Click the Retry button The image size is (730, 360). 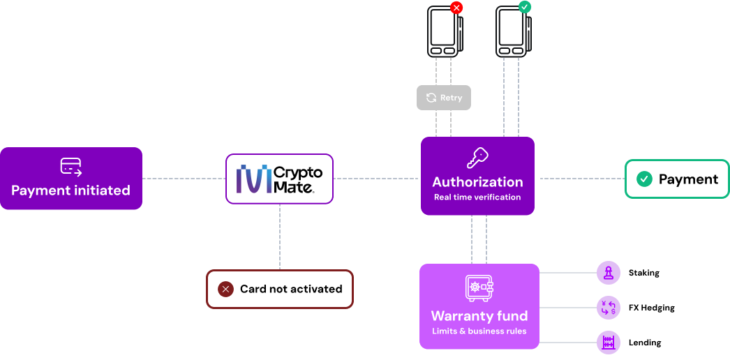click(x=444, y=98)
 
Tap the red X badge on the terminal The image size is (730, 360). click(x=456, y=8)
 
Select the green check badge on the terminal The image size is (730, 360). click(x=525, y=7)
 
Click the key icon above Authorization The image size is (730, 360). click(x=477, y=158)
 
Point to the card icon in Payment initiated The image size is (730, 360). click(x=70, y=166)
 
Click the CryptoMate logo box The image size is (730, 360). click(x=279, y=179)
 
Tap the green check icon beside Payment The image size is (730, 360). click(x=644, y=179)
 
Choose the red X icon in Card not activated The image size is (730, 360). click(x=225, y=289)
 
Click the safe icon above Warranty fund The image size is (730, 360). click(x=479, y=288)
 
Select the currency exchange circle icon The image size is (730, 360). click(x=608, y=308)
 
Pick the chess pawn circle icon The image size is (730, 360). click(x=608, y=273)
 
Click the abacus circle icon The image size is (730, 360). click(x=608, y=343)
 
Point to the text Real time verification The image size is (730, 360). click(x=477, y=197)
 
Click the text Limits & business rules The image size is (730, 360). click(x=479, y=331)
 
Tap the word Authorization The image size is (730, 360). click(x=477, y=182)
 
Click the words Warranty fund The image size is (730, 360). click(x=479, y=316)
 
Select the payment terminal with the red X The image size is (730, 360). click(x=444, y=31)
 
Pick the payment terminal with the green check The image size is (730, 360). click(x=512, y=31)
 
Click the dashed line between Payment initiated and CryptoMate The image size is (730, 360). click(x=184, y=179)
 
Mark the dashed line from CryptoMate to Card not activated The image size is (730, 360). click(x=280, y=237)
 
